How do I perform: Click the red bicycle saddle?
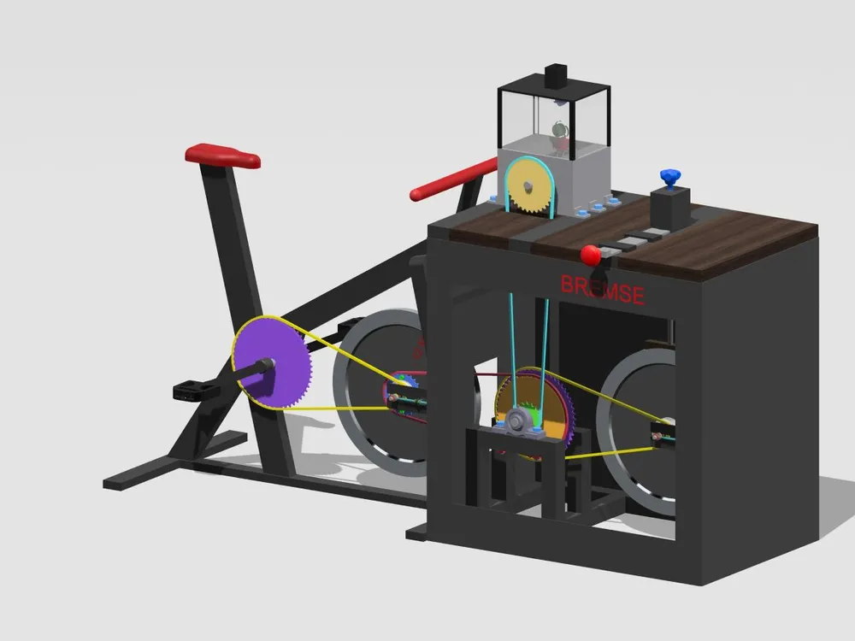pos(222,155)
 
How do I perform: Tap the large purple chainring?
pos(272,363)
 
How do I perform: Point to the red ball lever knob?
pos(591,255)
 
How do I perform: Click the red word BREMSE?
pos(603,290)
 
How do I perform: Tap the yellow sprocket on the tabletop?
pos(528,187)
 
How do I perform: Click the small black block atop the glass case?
pos(557,76)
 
